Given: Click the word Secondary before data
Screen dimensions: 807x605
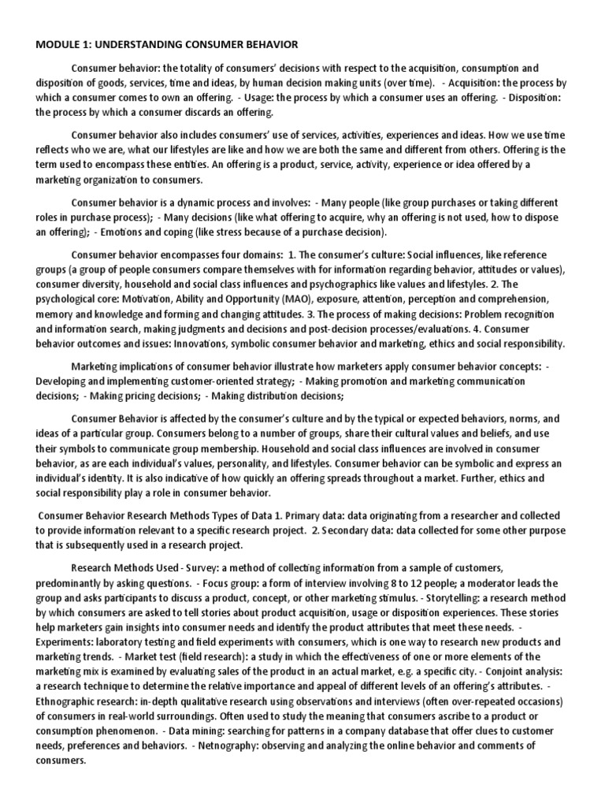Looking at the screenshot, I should [342, 531].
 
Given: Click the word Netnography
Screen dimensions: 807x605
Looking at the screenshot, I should [250, 745].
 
